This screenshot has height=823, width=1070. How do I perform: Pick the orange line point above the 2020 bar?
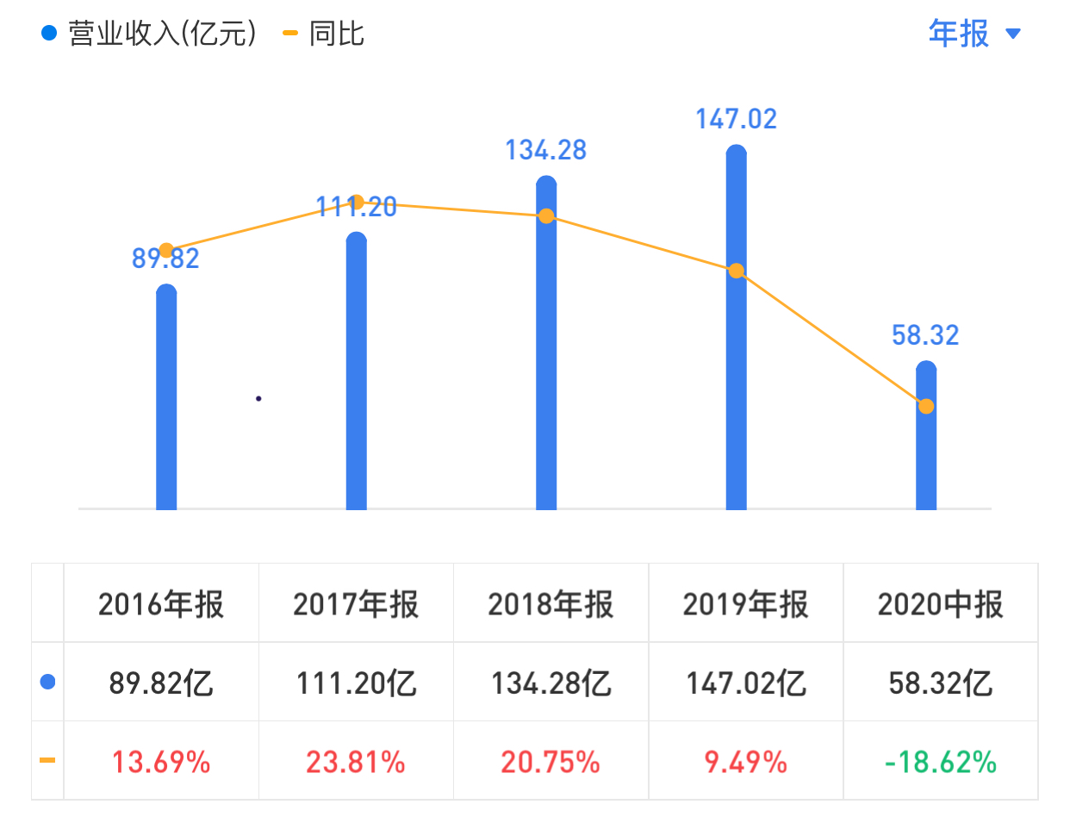pos(925,406)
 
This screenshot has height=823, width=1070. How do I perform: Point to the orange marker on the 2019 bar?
pos(736,271)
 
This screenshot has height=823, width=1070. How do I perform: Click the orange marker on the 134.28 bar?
pos(546,215)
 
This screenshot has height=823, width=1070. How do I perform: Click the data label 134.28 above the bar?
pos(545,150)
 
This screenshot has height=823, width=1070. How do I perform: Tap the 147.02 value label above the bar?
pos(736,119)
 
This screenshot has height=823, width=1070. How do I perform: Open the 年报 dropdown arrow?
pos(1013,34)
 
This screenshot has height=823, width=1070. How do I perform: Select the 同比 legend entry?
pos(325,34)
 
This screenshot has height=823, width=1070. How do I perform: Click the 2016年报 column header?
pos(161,604)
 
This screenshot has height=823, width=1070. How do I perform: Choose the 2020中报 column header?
pos(940,604)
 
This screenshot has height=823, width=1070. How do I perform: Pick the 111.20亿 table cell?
pos(356,683)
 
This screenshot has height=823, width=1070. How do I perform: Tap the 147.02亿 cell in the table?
pos(746,683)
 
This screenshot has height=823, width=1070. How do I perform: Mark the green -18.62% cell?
pos(940,762)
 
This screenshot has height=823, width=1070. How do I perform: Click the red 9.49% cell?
pos(746,762)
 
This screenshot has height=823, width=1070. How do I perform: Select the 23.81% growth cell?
pos(356,762)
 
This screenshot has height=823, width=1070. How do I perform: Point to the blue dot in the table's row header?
pos(48,682)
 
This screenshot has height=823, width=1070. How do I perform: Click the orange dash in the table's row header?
pos(47,760)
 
